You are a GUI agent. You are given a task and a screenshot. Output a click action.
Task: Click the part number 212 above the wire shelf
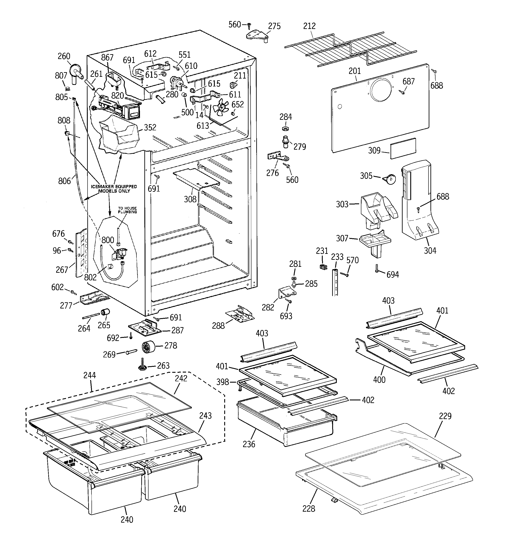309,26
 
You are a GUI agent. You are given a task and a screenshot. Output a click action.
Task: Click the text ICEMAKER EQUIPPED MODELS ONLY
114,189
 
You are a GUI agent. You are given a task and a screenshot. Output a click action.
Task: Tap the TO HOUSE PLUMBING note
127,210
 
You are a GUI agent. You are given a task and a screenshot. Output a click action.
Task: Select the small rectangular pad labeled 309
403,148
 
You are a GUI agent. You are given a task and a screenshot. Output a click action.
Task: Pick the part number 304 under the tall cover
430,251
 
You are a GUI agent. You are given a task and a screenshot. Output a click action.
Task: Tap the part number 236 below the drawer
249,444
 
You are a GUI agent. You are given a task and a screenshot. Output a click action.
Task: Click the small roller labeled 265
105,312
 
